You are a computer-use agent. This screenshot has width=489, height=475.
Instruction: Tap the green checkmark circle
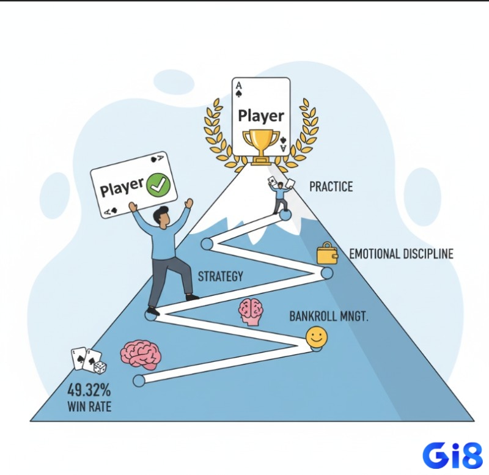[158, 185]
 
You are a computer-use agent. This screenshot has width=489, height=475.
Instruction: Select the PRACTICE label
[331, 186]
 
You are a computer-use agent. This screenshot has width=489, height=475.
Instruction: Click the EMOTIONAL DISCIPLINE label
[401, 254]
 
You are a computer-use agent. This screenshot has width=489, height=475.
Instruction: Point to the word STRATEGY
[221, 276]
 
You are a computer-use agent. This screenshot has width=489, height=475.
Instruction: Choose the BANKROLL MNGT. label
[329, 317]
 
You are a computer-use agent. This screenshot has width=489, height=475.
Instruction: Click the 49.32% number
[89, 389]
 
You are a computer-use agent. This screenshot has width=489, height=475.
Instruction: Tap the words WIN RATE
[89, 407]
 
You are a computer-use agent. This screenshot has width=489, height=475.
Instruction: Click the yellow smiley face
[317, 337]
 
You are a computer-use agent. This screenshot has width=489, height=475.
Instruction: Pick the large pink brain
[141, 355]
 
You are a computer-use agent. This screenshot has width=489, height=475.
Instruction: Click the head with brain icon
[251, 312]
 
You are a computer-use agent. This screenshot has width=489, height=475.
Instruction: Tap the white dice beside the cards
[100, 367]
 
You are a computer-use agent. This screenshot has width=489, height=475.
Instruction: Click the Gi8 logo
[452, 455]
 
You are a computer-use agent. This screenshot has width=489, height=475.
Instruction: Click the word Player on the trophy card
[261, 116]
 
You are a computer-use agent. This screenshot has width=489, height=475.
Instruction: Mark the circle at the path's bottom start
[139, 381]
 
